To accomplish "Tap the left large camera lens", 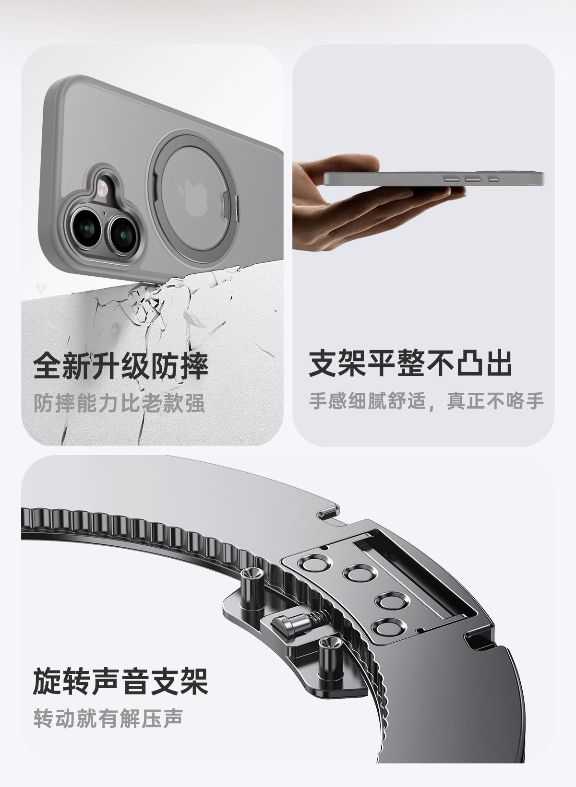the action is point(86,228).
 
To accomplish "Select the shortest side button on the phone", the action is point(494,179).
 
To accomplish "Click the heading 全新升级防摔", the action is point(120,367).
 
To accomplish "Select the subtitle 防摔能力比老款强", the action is point(119,403).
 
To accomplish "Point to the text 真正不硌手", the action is point(495,400).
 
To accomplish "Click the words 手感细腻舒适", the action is point(368,400).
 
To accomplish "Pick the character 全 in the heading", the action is point(48,367).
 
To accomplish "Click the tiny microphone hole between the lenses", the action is point(104,212).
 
